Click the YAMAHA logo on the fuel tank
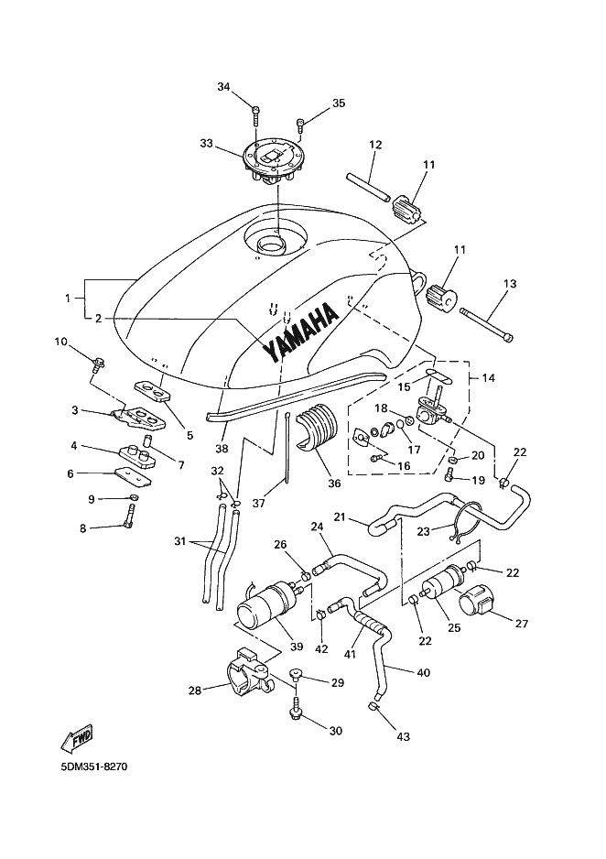pyautogui.click(x=300, y=333)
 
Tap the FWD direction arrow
pyautogui.click(x=77, y=738)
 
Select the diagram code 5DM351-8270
pyautogui.click(x=94, y=767)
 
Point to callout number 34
pyautogui.click(x=224, y=87)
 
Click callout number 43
pyautogui.click(x=403, y=737)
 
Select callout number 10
pyautogui.click(x=60, y=342)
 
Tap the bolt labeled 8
pyautogui.click(x=129, y=516)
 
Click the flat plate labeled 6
pyautogui.click(x=133, y=477)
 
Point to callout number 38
pyautogui.click(x=222, y=449)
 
